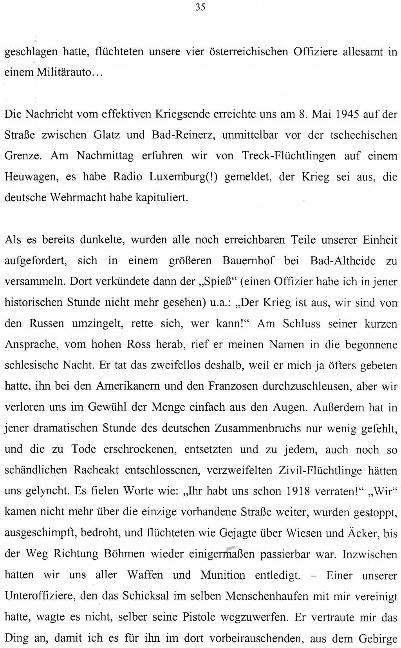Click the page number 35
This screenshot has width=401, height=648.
[x=200, y=7]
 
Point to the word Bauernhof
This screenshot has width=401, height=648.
[x=248, y=261]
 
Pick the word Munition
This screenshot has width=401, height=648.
[x=223, y=575]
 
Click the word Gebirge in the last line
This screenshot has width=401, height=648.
[x=378, y=639]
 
